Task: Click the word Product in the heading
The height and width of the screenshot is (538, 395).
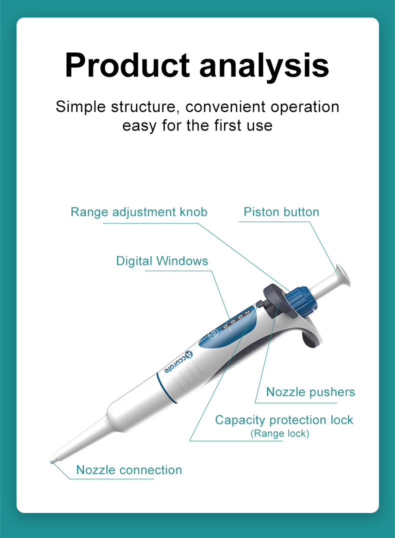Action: tap(127, 65)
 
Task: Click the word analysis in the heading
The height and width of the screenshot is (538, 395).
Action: tap(264, 65)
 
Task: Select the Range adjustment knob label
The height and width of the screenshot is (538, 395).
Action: tap(139, 212)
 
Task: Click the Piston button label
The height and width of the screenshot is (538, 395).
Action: tap(281, 212)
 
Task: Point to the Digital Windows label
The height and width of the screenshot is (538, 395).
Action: tap(162, 260)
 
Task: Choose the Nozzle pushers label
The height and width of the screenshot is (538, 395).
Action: tap(310, 392)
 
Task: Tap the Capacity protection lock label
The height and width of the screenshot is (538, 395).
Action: tap(284, 420)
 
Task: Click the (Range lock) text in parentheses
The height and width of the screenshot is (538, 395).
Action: tap(280, 433)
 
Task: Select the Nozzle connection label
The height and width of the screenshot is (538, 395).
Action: tap(129, 470)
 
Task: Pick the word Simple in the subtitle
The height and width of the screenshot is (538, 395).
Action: tap(80, 106)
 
